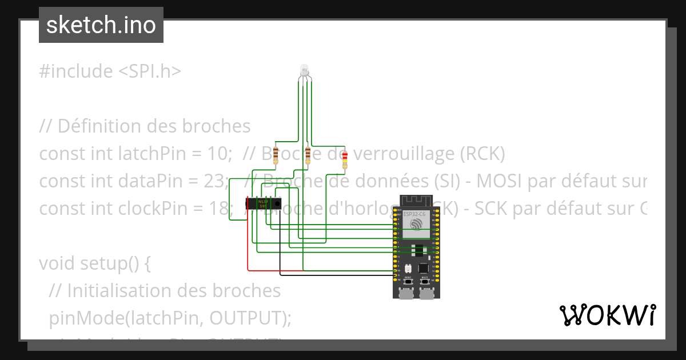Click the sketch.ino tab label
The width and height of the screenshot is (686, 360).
(x=101, y=25)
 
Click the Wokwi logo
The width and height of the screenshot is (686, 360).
(x=607, y=315)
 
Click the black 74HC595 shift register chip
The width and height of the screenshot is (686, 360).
(x=264, y=203)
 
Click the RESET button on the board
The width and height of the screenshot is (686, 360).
(x=408, y=282)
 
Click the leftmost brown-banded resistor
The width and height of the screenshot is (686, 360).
(x=276, y=153)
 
